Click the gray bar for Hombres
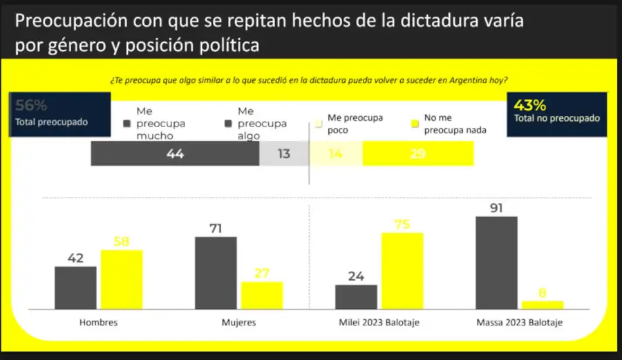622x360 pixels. click(x=75, y=287)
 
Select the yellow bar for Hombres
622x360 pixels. click(x=122, y=279)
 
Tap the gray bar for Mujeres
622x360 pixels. click(x=216, y=272)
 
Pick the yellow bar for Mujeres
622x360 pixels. click(x=262, y=295)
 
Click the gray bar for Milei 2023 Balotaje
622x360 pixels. click(x=356, y=296)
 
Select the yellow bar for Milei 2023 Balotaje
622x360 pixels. click(x=402, y=270)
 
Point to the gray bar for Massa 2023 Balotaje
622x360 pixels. click(x=496, y=262)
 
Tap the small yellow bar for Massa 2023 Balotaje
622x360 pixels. click(x=543, y=305)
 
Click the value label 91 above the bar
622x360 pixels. click(x=496, y=206)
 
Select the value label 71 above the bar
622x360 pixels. click(x=216, y=227)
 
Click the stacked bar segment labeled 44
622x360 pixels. click(x=175, y=154)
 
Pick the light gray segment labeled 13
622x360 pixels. click(x=284, y=154)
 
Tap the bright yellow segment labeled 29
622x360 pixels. click(x=418, y=154)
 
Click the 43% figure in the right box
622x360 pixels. click(x=530, y=106)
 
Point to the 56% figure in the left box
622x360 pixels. click(x=31, y=106)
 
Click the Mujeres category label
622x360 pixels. click(x=238, y=323)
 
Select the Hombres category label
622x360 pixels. click(x=99, y=323)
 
